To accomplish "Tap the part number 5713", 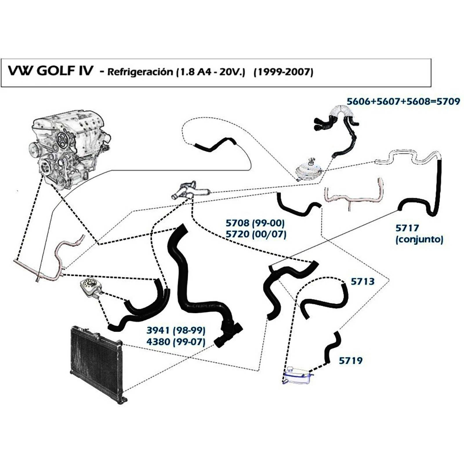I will point(362,281).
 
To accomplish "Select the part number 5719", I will point(351,360).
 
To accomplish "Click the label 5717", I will point(407,228).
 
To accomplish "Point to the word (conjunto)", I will point(419,240).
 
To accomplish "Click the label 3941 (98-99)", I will point(176,330).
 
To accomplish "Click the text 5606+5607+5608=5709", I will point(403,101).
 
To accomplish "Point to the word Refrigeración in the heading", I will point(140,72).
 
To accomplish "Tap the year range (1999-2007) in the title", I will point(283,72).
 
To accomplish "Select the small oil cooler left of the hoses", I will point(90,288).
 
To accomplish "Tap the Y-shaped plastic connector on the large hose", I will point(229,333).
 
